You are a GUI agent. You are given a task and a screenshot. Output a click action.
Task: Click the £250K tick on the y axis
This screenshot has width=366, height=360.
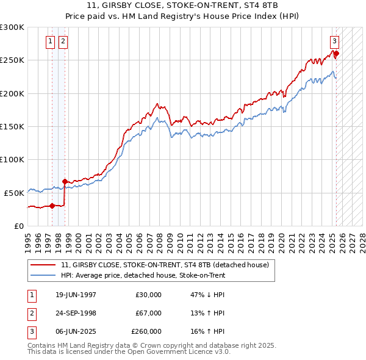coord(12,60)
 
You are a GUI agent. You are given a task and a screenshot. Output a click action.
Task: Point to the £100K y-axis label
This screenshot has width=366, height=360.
coord(12,159)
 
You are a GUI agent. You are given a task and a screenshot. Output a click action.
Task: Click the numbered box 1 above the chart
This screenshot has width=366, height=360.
coord(50,41)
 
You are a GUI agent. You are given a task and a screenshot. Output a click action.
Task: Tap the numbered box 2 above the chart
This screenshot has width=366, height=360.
coord(63,41)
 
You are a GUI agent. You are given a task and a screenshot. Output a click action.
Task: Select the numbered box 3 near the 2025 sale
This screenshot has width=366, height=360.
coord(334,41)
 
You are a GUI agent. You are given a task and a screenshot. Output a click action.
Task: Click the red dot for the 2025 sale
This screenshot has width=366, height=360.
coord(336,54)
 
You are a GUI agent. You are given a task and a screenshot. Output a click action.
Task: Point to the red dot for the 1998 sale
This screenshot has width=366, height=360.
coord(65,181)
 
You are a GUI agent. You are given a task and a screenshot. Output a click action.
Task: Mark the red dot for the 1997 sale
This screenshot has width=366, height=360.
coord(52,206)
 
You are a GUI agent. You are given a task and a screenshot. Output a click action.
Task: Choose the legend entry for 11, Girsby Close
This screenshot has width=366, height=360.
coord(168,265)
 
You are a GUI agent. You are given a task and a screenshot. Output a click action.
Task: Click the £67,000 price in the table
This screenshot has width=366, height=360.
coord(149,313)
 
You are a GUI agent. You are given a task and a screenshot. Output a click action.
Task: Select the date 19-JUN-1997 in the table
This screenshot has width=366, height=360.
coord(76,295)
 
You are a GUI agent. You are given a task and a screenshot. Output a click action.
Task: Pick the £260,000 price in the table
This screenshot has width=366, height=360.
coord(146,331)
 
